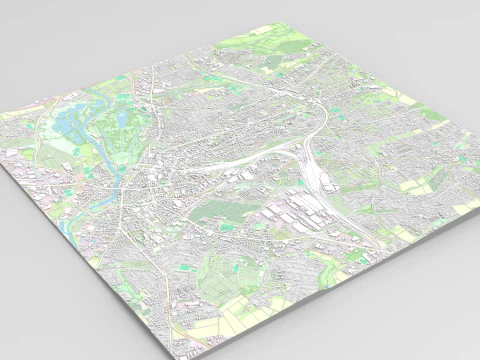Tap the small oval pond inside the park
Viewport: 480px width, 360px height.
pos(120,121)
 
